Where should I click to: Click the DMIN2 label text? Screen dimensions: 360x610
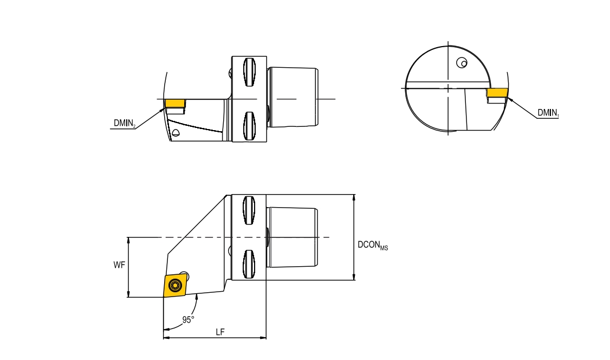(124, 124)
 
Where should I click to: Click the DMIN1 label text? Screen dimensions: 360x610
(548, 113)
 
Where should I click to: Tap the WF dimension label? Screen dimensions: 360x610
(119, 265)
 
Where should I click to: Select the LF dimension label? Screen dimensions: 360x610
(220, 332)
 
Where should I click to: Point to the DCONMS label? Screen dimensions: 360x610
(372, 245)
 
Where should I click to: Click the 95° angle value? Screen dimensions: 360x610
(188, 319)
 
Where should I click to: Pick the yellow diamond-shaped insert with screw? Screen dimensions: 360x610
(175, 286)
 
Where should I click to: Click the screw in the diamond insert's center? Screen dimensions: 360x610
(174, 286)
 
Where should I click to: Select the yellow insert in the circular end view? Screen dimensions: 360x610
(497, 93)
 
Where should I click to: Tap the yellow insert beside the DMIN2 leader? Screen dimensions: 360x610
(175, 103)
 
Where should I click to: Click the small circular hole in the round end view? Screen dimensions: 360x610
(462, 63)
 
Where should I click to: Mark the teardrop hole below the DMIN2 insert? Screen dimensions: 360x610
(176, 133)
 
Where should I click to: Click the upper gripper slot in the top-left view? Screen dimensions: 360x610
(249, 72)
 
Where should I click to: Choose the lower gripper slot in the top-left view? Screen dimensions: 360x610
(249, 125)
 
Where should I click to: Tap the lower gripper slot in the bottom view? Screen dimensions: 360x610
(249, 263)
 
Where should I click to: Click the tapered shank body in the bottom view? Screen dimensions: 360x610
(293, 237)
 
